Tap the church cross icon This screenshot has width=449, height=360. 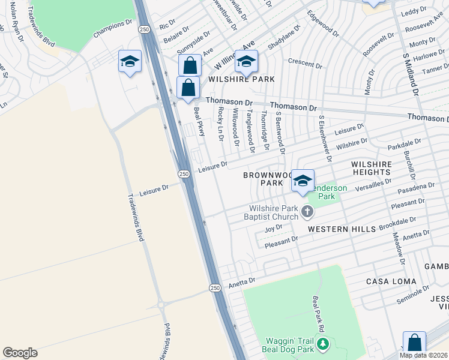(x=307, y=211)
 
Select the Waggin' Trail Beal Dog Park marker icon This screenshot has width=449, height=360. (x=324, y=344)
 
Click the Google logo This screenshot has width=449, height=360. (x=20, y=353)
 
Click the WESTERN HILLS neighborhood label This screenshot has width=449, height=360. (x=342, y=229)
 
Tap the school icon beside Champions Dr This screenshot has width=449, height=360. (x=130, y=62)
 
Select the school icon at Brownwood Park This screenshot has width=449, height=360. (x=303, y=181)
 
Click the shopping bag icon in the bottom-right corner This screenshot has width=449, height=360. (x=414, y=343)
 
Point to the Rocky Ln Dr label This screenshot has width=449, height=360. (x=220, y=125)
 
